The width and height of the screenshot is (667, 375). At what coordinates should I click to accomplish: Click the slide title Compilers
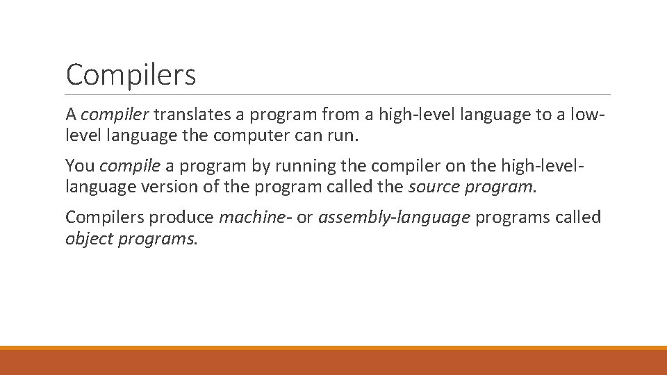(x=131, y=75)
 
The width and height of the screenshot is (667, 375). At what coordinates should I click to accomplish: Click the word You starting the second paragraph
(x=80, y=166)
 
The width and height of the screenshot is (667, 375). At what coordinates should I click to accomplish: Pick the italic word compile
(x=131, y=166)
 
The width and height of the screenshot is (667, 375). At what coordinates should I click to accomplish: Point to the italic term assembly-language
(x=395, y=217)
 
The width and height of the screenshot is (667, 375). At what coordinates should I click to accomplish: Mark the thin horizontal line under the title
(x=338, y=94)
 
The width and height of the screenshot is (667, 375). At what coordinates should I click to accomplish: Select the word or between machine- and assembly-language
(x=304, y=217)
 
